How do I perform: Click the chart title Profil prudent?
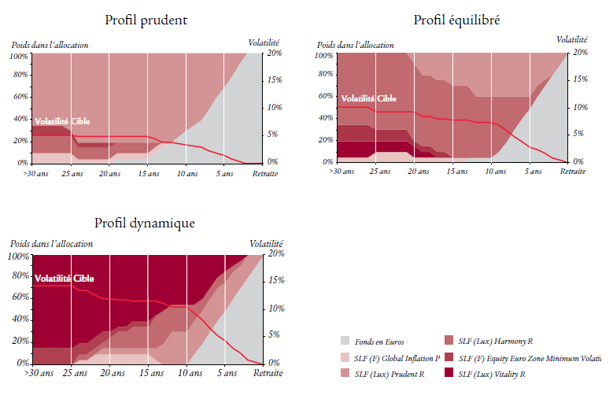[x=146, y=20]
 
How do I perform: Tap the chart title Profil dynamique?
[x=145, y=223]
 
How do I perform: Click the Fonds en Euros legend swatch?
[x=344, y=341]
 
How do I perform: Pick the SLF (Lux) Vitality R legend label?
[x=492, y=374]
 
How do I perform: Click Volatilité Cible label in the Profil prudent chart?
[x=63, y=122]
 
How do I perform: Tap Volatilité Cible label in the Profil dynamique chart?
[x=63, y=279]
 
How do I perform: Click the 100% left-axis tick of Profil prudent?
[x=18, y=57]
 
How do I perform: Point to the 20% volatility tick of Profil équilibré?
[x=579, y=52]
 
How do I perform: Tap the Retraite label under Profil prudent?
[x=264, y=173]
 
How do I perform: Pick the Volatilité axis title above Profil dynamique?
[x=265, y=244]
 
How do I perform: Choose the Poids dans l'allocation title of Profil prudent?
[x=49, y=45]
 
